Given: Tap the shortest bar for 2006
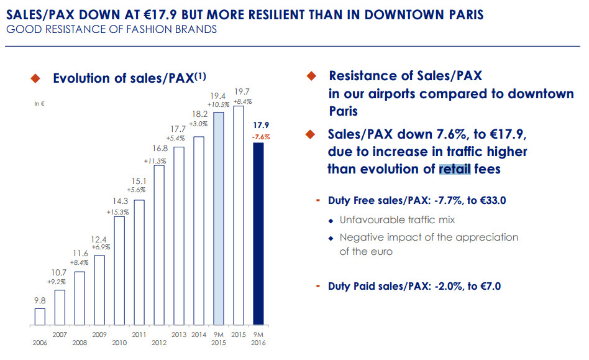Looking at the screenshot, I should [40, 316].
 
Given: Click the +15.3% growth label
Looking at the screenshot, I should [119, 212].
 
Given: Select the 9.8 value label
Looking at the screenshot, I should [39, 300].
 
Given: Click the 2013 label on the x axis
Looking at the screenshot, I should [179, 335].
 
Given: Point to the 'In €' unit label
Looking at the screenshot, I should [39, 104].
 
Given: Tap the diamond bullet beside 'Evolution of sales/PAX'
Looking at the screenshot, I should [35, 78].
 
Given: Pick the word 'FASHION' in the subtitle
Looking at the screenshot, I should [145, 29].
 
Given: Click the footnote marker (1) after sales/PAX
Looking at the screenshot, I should [199, 76].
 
